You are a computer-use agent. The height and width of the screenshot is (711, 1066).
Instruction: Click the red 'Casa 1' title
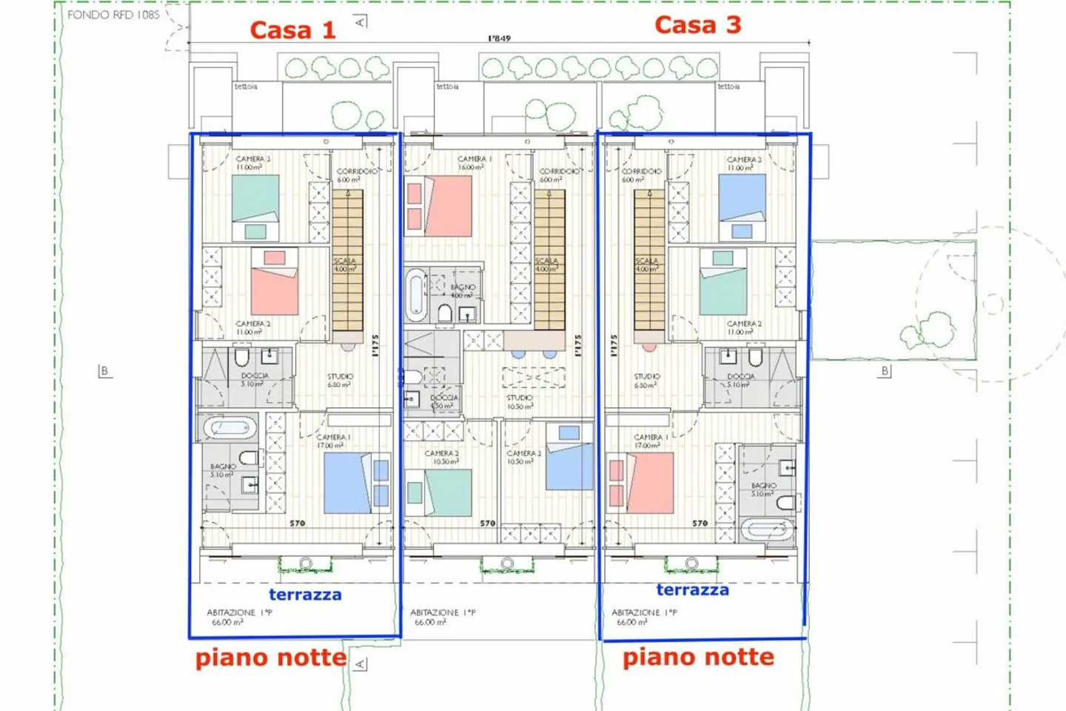[x=292, y=30]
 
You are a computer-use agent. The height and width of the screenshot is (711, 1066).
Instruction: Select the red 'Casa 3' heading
[x=697, y=25]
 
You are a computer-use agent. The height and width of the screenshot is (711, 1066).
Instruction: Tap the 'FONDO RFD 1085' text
[x=113, y=15]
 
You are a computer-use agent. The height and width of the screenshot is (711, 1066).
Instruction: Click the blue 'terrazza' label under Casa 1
[x=305, y=595]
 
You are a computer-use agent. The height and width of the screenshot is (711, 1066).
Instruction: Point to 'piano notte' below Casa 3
[x=698, y=657]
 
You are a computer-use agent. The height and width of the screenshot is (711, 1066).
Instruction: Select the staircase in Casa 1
[x=347, y=261]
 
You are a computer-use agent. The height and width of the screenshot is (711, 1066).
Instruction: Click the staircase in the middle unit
[x=549, y=261]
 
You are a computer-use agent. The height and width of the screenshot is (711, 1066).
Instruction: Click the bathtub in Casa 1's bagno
[x=230, y=428]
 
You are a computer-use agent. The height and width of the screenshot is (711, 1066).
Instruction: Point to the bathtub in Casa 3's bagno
[x=768, y=530]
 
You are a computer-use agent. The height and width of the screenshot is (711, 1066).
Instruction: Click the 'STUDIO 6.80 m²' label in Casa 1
[x=340, y=381]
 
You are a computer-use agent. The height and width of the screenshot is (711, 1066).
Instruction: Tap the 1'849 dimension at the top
[x=499, y=39]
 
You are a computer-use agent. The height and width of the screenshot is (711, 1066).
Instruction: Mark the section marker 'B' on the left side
[x=105, y=371]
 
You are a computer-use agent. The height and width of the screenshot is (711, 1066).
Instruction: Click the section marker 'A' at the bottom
[x=360, y=664]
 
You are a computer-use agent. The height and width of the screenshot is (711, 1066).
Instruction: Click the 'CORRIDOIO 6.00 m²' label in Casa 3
[x=641, y=176]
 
